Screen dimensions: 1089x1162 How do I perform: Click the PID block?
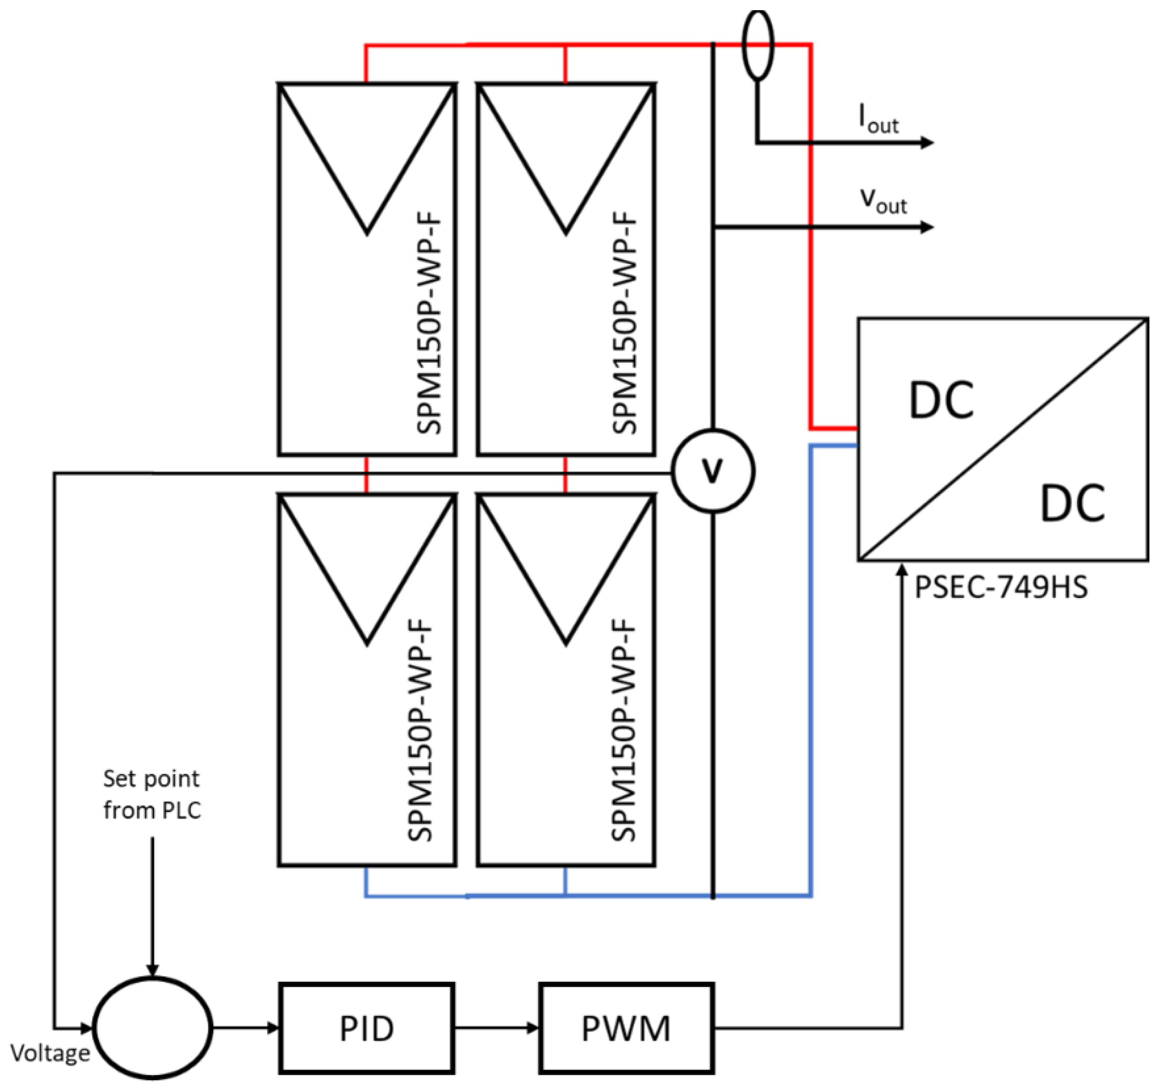click(x=366, y=1028)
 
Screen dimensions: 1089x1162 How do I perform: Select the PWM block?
click(x=626, y=1028)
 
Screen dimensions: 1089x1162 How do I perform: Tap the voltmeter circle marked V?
click(x=712, y=471)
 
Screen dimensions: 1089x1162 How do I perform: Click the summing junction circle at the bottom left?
click(x=153, y=1028)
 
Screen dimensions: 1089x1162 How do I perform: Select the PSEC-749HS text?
click(x=1001, y=587)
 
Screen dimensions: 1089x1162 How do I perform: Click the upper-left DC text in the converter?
click(x=941, y=401)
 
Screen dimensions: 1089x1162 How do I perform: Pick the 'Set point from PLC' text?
click(x=152, y=794)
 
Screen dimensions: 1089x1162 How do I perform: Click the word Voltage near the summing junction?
click(x=51, y=1053)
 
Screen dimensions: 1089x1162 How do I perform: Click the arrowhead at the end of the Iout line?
click(x=927, y=142)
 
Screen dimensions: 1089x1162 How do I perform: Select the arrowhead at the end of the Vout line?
click(x=927, y=227)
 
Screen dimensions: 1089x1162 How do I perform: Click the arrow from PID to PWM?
click(x=497, y=1028)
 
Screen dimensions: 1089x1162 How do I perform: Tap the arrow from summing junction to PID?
click(x=246, y=1028)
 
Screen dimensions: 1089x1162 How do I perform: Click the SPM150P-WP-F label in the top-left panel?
click(x=430, y=324)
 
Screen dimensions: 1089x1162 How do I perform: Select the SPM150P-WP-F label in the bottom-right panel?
click(x=623, y=731)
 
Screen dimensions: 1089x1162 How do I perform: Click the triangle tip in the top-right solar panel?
click(x=565, y=232)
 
